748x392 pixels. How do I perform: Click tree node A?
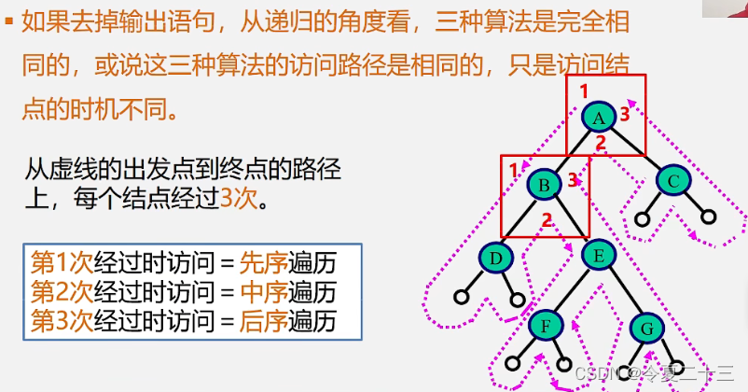click(x=599, y=117)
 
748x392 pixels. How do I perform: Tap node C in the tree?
click(x=673, y=180)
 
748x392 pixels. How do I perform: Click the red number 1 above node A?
click(x=584, y=91)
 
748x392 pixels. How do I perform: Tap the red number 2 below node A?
click(x=601, y=143)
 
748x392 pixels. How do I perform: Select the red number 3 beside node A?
click(x=625, y=114)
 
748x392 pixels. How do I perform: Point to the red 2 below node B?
click(x=547, y=220)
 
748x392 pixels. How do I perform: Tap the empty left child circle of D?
click(x=461, y=298)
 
